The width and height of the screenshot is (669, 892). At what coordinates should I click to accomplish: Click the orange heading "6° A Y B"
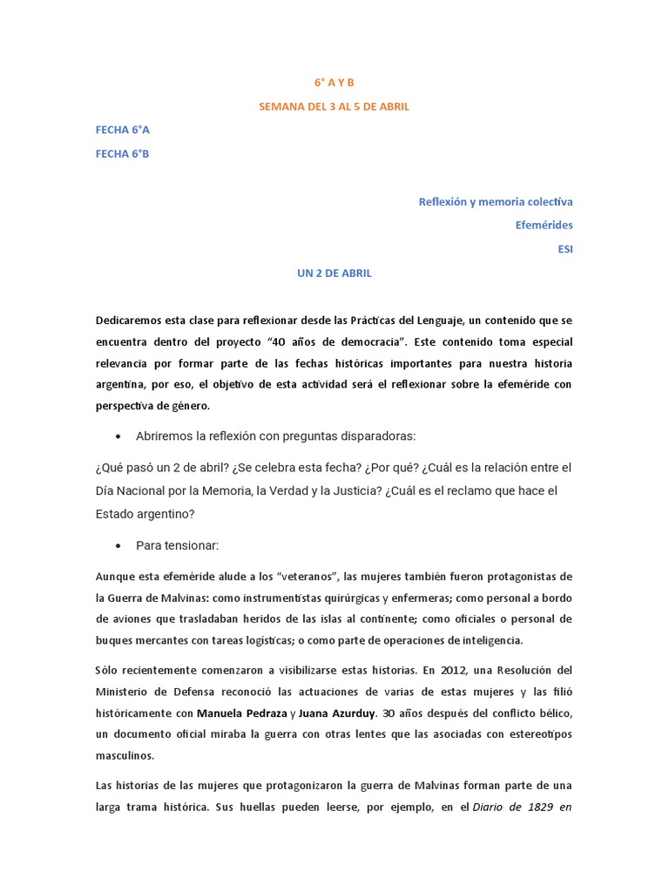click(x=334, y=83)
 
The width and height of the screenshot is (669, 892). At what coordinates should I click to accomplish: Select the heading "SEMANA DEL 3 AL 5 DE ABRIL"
click(x=334, y=106)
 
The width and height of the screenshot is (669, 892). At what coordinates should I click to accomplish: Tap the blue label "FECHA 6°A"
click(x=123, y=130)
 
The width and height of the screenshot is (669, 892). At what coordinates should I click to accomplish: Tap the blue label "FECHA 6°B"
click(x=123, y=153)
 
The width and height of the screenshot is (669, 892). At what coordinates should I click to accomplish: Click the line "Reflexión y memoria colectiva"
click(x=496, y=201)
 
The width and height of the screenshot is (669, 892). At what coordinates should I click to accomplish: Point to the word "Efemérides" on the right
click(x=544, y=225)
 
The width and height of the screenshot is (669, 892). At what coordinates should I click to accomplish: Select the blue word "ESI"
click(x=564, y=249)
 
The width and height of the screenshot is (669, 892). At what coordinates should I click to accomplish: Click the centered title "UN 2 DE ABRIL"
click(x=334, y=273)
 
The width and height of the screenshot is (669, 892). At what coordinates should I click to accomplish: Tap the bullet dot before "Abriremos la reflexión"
click(x=118, y=436)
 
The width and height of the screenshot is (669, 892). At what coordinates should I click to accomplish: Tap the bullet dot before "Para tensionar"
click(x=118, y=546)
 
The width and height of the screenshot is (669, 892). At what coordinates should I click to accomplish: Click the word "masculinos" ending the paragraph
click(x=125, y=755)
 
